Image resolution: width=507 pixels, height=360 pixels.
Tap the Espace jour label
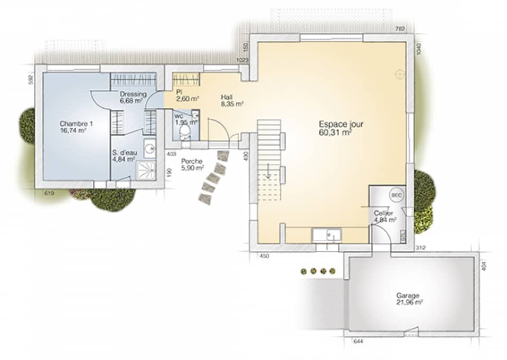(341, 125)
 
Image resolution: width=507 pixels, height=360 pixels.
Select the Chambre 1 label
(76, 124)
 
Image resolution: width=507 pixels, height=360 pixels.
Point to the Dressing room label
(129, 94)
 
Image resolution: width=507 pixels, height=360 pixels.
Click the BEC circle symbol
(396, 195)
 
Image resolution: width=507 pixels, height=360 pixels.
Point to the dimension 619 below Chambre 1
(49, 194)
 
